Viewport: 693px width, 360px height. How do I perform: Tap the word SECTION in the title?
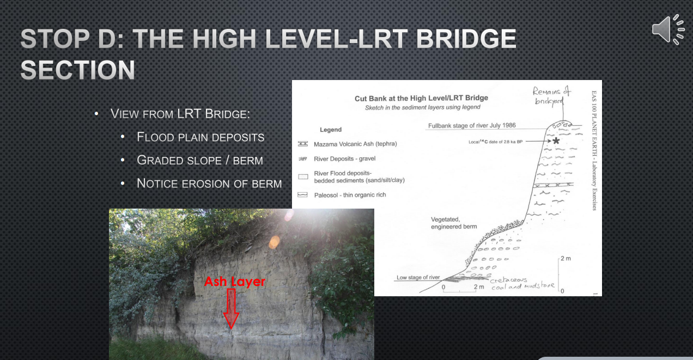[x=77, y=70]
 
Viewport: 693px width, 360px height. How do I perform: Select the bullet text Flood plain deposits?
[x=200, y=137]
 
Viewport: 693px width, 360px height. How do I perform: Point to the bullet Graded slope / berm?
[x=199, y=160]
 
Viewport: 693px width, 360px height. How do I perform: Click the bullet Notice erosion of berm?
[x=209, y=184]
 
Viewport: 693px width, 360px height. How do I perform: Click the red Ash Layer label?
[x=234, y=282]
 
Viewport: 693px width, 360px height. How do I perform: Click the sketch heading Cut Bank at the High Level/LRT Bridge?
[x=421, y=98]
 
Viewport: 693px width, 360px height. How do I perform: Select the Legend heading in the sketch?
[x=331, y=130]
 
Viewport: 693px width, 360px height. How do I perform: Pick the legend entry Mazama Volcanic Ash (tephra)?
[x=355, y=144]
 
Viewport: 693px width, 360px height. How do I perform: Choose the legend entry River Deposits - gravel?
[x=344, y=159]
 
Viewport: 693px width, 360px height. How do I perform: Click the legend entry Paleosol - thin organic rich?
[x=350, y=195]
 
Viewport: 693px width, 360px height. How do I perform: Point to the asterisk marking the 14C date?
[x=556, y=141]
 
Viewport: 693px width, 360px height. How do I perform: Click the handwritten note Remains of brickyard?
[x=551, y=96]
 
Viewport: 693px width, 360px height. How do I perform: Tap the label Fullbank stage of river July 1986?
[x=472, y=125]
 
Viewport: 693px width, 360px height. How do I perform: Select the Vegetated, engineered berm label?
[x=454, y=223]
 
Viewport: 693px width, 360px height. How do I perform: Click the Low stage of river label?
[x=418, y=278]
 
